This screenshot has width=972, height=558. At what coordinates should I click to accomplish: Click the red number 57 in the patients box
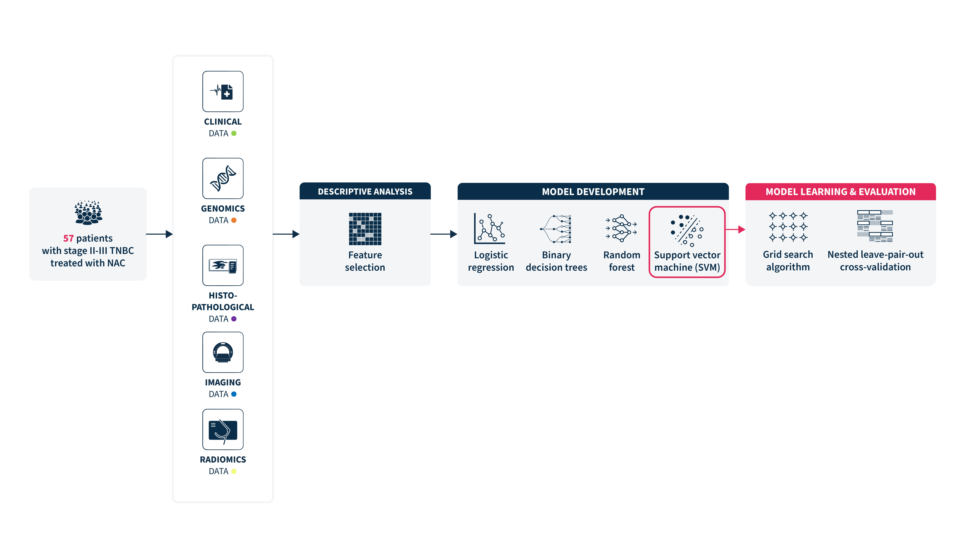pyautogui.click(x=68, y=238)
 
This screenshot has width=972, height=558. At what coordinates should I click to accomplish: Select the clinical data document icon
pyautogui.click(x=223, y=92)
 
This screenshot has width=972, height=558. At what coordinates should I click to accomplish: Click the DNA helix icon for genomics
pyautogui.click(x=223, y=178)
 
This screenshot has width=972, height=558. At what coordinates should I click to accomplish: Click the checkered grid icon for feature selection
pyautogui.click(x=365, y=229)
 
